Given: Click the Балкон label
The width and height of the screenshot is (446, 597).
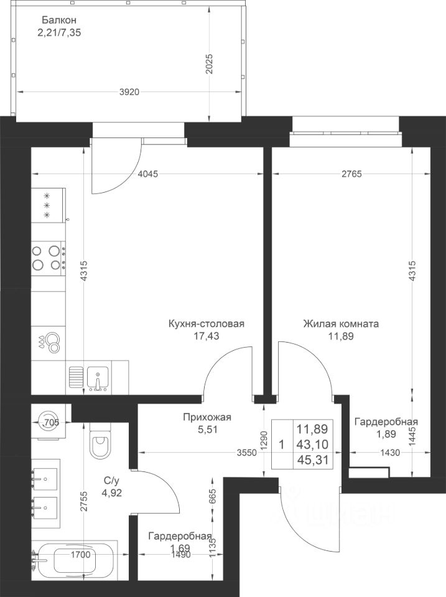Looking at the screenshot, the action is [x=59, y=20].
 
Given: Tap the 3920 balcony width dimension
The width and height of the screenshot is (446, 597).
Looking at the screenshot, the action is [x=129, y=92].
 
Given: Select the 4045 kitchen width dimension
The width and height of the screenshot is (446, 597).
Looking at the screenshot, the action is [x=147, y=174].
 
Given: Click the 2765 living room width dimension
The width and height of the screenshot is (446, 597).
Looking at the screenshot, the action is [x=351, y=174].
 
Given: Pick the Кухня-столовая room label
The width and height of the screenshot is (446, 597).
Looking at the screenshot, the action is [x=206, y=324].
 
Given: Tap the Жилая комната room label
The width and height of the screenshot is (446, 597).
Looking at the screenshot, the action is [x=341, y=324].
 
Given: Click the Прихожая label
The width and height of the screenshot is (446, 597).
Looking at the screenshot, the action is [x=207, y=417].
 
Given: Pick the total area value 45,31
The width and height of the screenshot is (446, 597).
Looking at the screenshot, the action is [x=312, y=460].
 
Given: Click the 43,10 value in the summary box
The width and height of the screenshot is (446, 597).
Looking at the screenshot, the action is [x=312, y=444].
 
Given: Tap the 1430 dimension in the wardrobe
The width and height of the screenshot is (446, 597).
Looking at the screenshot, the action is [x=390, y=453].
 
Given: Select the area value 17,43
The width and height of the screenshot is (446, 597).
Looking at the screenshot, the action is [x=206, y=336].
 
